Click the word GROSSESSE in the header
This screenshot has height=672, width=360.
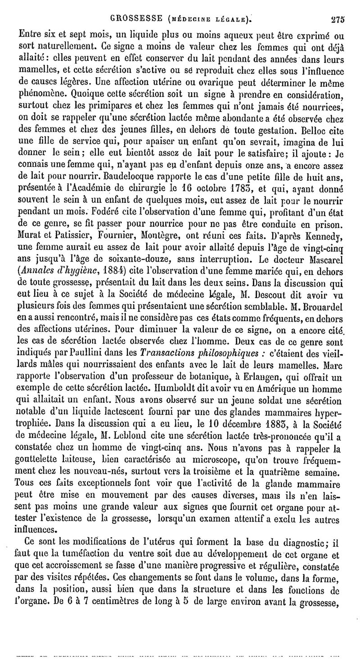134,6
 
